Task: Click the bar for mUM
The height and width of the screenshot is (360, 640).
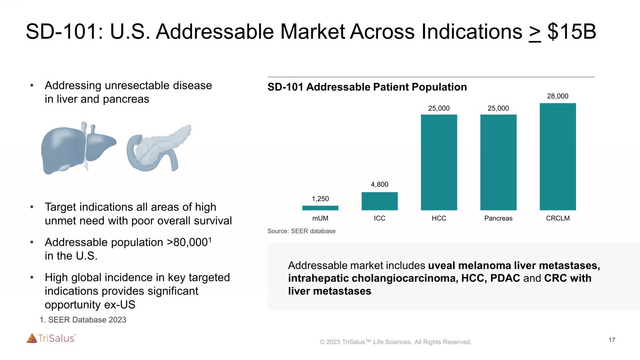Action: (320, 208)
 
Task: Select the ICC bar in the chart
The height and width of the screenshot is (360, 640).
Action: (379, 201)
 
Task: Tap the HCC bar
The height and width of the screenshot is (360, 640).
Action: (439, 162)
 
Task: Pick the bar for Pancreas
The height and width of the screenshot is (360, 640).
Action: (498, 162)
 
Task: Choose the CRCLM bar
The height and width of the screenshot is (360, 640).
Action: (558, 157)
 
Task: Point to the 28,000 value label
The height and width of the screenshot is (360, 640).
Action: (558, 96)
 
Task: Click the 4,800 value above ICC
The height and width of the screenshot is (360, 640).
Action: (379, 185)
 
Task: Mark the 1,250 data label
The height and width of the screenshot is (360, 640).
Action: (320, 199)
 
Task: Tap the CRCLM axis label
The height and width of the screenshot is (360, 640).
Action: (558, 218)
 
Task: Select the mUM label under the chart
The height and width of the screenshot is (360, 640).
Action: (320, 218)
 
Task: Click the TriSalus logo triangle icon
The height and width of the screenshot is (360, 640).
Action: (32, 338)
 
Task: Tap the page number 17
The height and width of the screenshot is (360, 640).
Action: (612, 340)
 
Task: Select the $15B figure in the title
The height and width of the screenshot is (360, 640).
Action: (571, 32)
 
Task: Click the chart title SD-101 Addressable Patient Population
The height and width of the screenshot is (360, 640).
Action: (367, 87)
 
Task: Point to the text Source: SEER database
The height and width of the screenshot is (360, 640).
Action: (301, 231)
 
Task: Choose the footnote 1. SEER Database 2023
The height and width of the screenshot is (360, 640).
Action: (83, 320)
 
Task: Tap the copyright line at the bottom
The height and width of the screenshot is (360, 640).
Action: (396, 342)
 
